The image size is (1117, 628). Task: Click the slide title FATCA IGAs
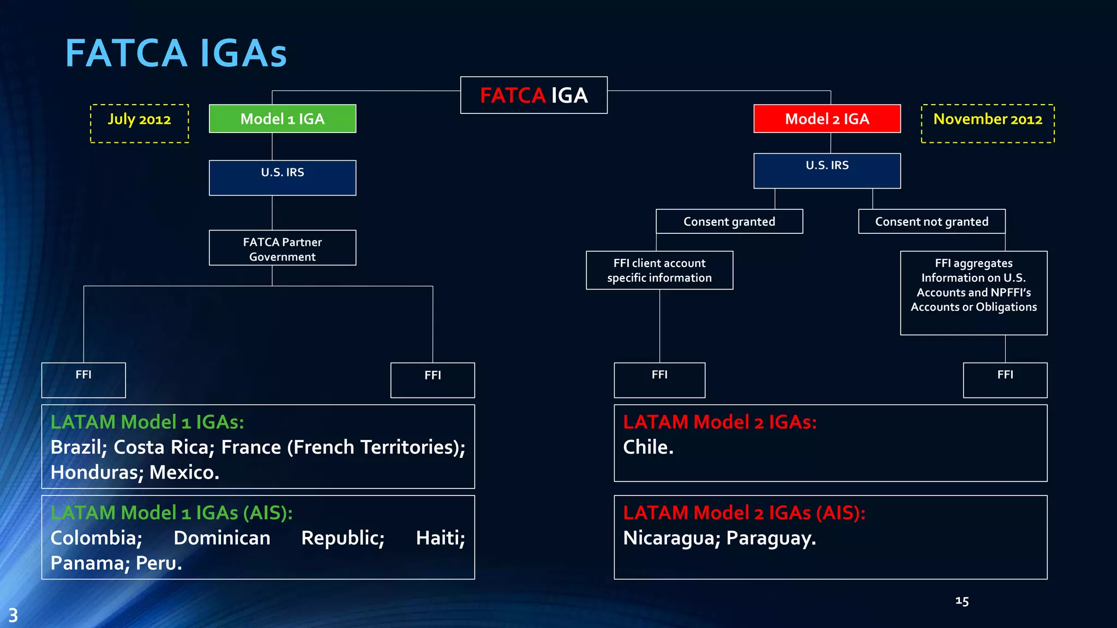tap(176, 53)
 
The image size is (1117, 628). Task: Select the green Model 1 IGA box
tap(283, 119)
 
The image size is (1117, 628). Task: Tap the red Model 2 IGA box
tap(827, 119)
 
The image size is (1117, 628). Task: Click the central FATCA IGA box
tap(533, 95)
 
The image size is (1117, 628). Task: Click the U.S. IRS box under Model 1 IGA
tap(283, 177)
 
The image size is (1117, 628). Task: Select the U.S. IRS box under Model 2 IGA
tap(827, 171)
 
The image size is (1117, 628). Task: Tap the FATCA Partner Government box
tap(283, 248)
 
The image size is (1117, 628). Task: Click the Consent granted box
tap(729, 221)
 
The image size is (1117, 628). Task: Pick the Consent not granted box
tap(932, 221)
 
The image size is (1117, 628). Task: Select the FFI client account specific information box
tap(659, 270)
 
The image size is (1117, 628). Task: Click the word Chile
tap(647, 448)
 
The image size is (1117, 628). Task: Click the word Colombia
tap(96, 539)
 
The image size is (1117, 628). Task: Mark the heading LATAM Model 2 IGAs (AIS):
tap(744, 513)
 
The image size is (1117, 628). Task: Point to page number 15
tap(962, 601)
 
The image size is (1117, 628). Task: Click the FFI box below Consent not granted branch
tap(1005, 380)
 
